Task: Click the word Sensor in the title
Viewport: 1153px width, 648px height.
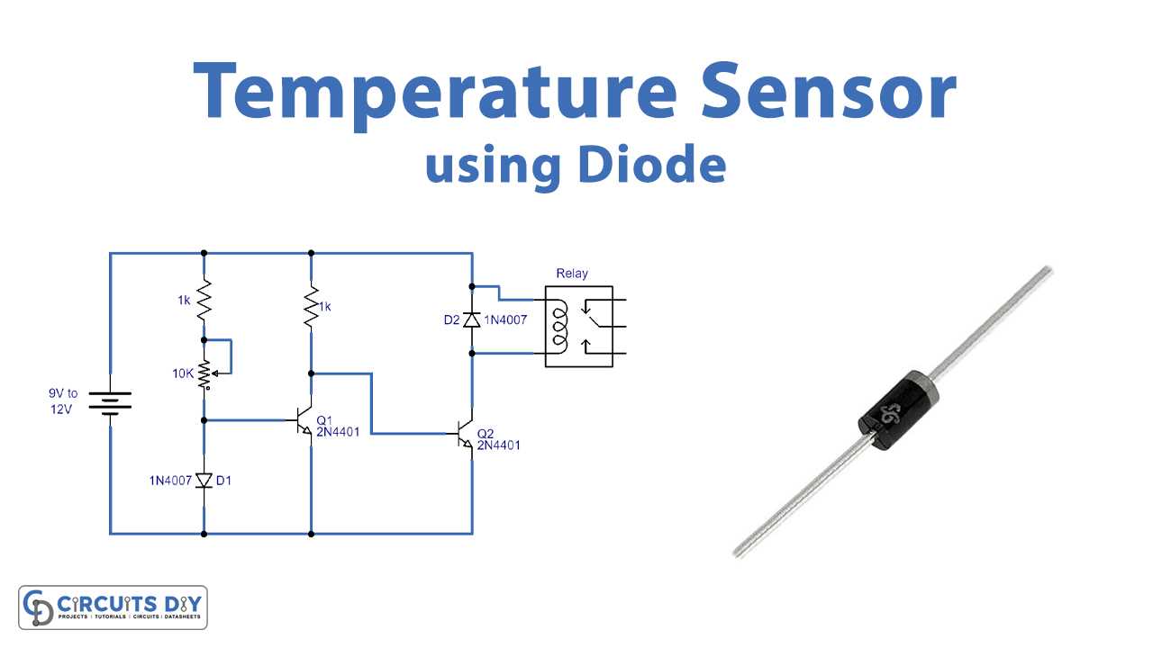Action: (829, 91)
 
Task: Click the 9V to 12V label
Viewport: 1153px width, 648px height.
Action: (63, 401)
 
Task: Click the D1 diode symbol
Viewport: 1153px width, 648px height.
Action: (204, 481)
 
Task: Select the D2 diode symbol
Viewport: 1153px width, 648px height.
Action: (472, 319)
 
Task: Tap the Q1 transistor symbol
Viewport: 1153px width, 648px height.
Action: (304, 420)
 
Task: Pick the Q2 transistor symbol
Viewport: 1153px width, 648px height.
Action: (465, 434)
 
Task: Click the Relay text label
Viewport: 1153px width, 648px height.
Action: (572, 273)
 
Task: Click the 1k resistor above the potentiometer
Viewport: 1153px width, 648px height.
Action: (204, 300)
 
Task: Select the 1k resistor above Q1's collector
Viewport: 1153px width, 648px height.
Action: (311, 307)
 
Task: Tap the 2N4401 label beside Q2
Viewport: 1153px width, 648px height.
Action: (498, 445)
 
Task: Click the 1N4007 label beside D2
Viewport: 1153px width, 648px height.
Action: (505, 319)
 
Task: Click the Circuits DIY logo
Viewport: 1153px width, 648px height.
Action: (113, 607)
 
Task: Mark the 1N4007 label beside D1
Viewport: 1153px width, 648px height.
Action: (170, 481)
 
